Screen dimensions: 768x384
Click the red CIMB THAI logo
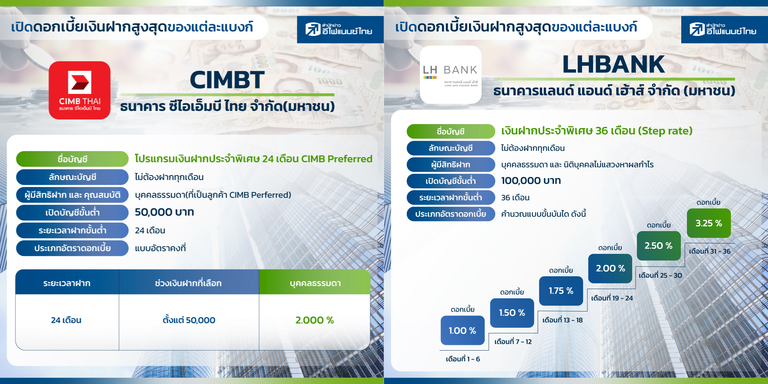80,90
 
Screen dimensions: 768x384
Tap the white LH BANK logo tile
450,75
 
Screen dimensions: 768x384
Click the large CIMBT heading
227,80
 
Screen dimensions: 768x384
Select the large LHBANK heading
614,64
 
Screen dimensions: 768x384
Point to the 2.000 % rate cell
315,320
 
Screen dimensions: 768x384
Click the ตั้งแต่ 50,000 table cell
189,320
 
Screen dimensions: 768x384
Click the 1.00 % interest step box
463,330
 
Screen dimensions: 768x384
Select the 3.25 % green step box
709,223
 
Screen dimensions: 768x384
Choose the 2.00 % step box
610,268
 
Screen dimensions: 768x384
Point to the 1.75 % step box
561,291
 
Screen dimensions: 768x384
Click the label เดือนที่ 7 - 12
513,342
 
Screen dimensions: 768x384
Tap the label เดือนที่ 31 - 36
710,251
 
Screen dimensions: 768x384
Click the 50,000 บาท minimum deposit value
164,212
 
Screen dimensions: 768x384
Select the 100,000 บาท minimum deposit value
531,181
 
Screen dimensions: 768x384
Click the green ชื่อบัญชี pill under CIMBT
72,159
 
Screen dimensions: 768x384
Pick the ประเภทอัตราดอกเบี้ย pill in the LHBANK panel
451,214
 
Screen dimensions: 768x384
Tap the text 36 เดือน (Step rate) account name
644,131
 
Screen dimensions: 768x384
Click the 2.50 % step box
659,246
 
